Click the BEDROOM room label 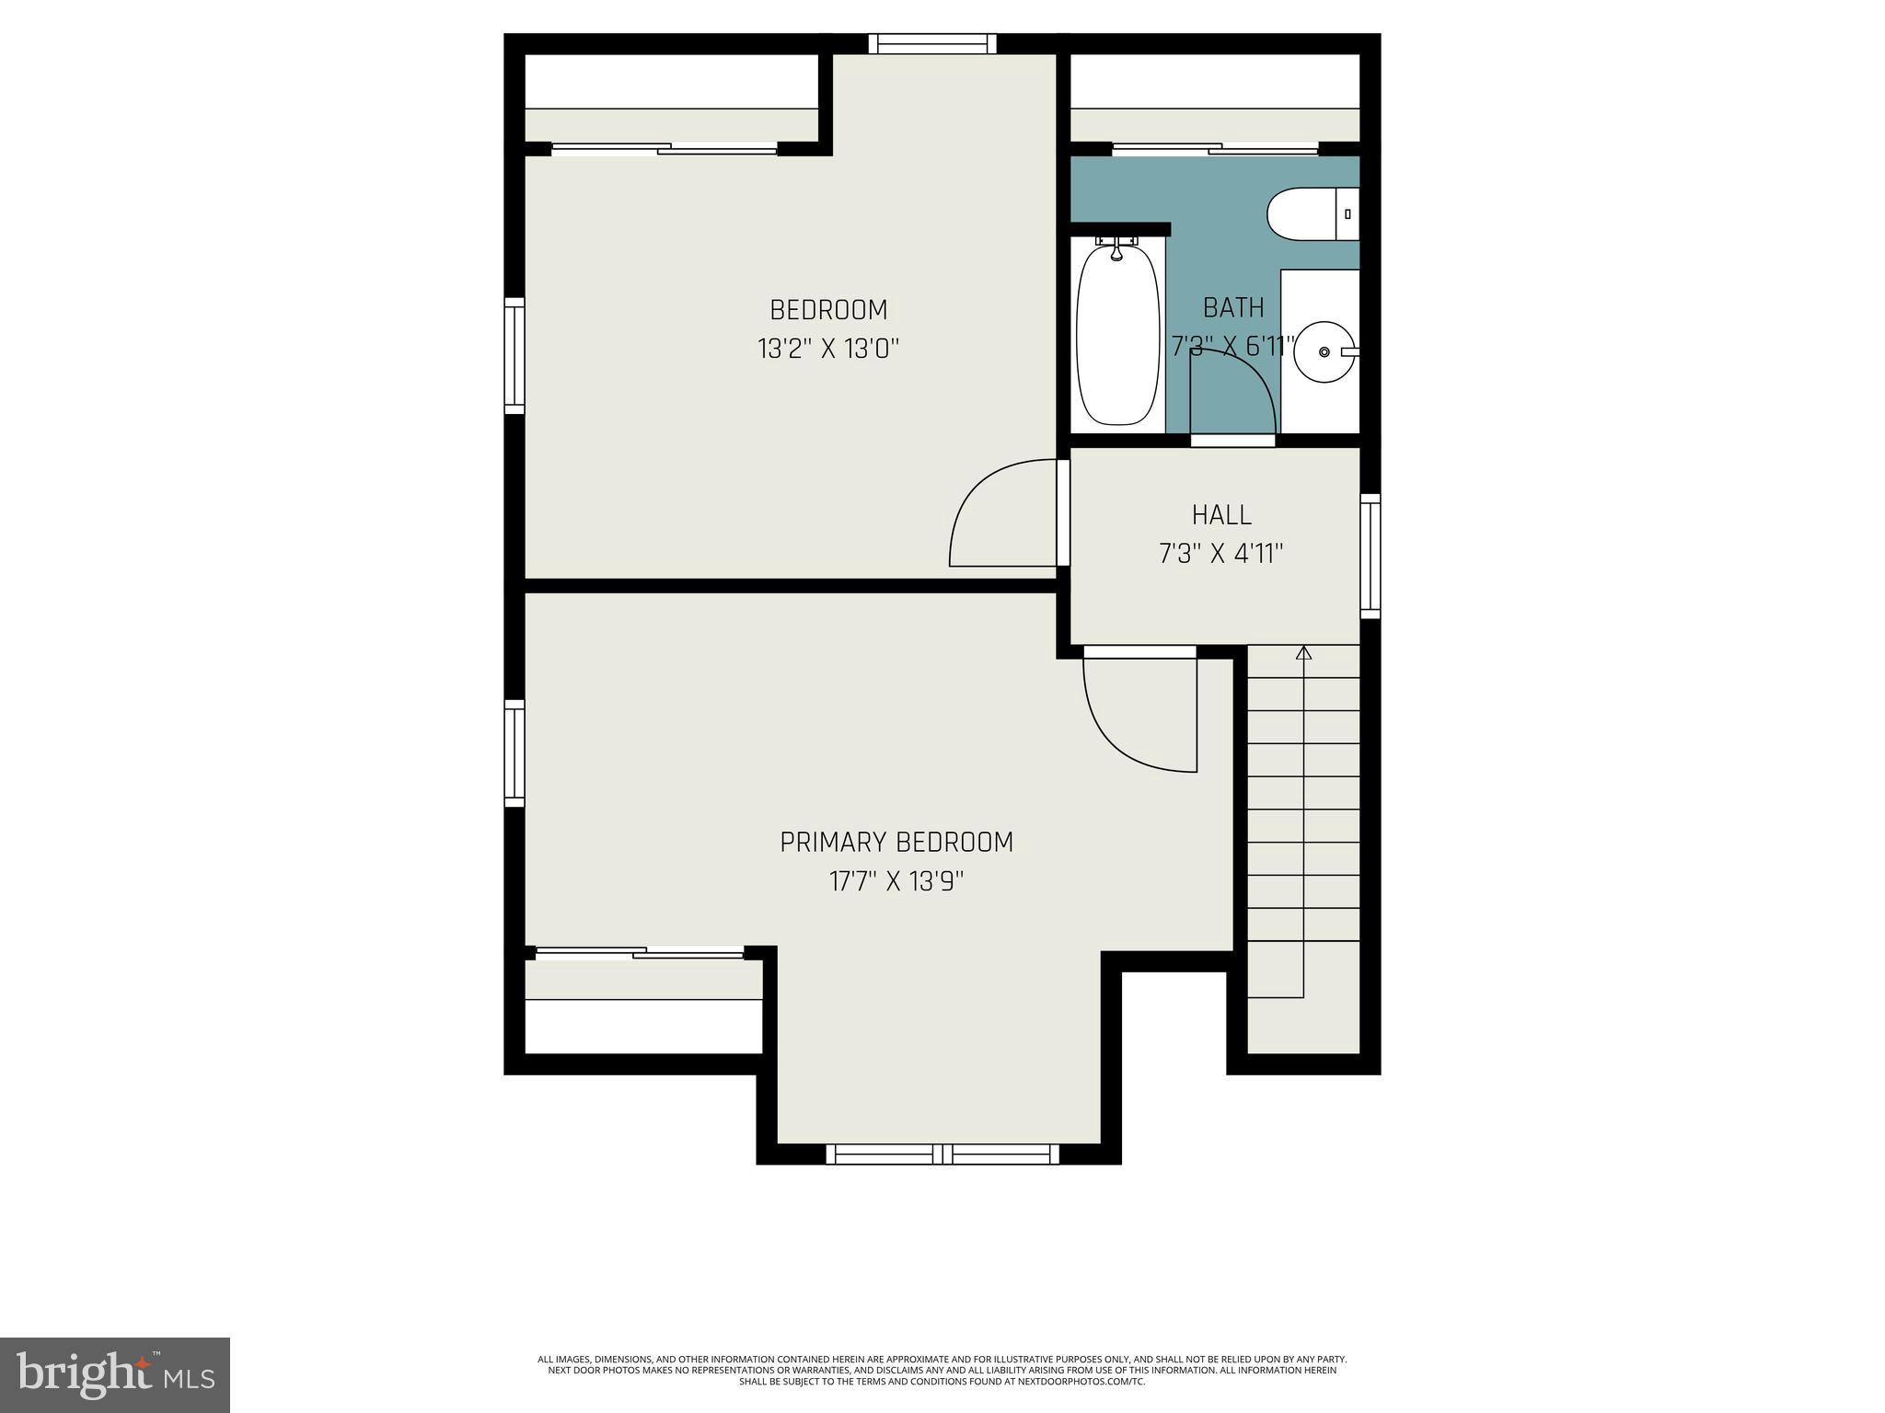tap(828, 309)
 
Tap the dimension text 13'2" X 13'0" tap(827, 350)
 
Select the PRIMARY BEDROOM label tap(896, 843)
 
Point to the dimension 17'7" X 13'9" tap(896, 882)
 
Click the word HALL tap(1221, 514)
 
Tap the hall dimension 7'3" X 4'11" tap(1220, 554)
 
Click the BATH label tap(1233, 307)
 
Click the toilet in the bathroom tap(1307, 215)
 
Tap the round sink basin tap(1324, 352)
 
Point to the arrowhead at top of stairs tap(1303, 653)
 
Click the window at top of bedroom tap(932, 43)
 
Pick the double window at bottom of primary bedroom tap(942, 1154)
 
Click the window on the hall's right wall tap(1370, 556)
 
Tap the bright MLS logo tap(115, 1374)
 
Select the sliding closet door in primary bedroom tap(640, 953)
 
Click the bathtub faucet tap(1116, 247)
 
